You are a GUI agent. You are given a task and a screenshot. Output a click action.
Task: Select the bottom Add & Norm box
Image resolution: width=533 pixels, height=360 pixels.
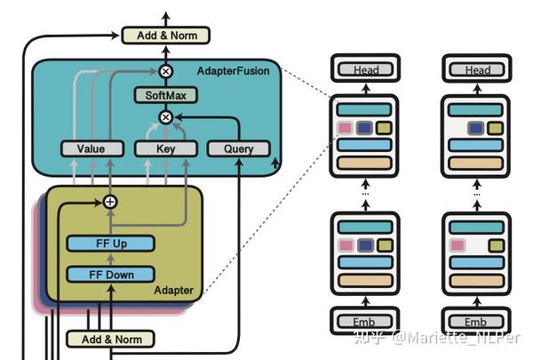(x=110, y=339)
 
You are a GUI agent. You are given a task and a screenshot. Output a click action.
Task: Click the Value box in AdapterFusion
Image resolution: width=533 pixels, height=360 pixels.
(x=91, y=149)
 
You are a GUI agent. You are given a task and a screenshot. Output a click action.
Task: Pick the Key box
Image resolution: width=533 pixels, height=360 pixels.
(x=165, y=149)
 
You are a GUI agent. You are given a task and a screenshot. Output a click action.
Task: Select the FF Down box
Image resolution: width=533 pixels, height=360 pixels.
(x=110, y=275)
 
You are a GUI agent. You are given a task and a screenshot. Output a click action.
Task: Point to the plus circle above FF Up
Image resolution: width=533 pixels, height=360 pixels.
(x=110, y=202)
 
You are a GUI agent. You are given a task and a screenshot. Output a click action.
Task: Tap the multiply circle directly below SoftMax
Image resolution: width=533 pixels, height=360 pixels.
(x=164, y=116)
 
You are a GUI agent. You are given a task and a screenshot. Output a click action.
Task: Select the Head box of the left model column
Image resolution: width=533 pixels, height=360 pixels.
(x=365, y=69)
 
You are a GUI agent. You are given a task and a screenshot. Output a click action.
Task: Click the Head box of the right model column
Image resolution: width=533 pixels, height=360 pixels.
(x=477, y=69)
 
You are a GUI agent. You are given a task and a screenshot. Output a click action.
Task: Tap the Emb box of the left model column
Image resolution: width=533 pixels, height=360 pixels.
(x=365, y=321)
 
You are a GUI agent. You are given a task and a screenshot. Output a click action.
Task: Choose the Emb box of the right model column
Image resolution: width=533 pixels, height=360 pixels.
(x=477, y=321)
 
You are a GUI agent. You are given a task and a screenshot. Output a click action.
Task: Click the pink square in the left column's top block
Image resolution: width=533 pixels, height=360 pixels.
(x=345, y=128)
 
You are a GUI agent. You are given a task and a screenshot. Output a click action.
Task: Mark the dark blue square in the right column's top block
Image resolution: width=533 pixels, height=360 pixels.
(x=477, y=128)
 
